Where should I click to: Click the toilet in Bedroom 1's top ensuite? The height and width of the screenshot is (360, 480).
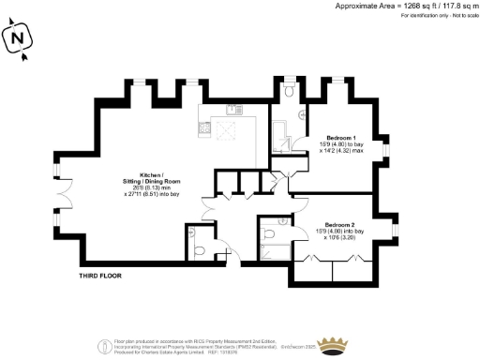291,90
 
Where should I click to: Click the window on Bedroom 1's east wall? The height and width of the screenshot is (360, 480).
386,150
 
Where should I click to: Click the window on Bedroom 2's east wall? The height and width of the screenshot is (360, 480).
394,232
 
